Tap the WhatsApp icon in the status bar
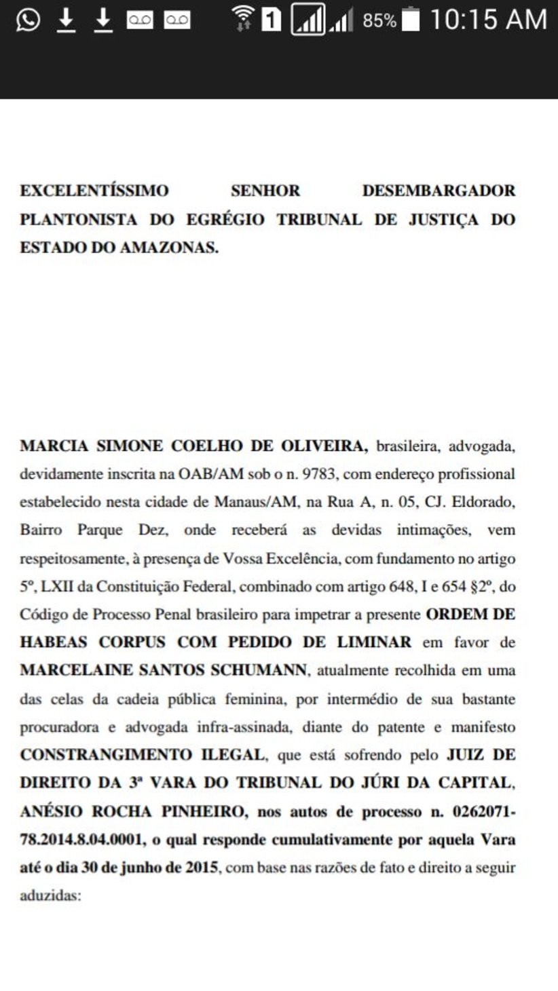[28, 20]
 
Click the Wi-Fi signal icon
[242, 19]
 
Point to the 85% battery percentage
[379, 21]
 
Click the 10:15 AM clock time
[488, 20]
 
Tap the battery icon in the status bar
[411, 20]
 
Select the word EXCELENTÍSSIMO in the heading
[94, 191]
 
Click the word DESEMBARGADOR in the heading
[439, 191]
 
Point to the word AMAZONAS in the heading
[168, 248]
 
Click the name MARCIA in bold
[54, 446]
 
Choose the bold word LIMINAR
[377, 642]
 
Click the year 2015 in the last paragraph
[202, 867]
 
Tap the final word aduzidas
[50, 895]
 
